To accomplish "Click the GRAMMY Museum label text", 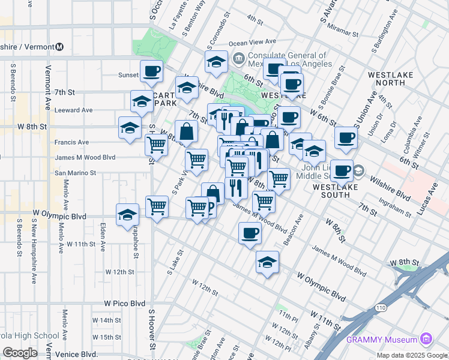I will [382, 340].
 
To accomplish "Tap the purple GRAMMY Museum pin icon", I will [426, 339].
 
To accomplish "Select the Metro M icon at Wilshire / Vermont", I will [59, 47].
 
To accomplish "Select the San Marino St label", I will [76, 173].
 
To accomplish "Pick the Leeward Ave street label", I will [73, 110].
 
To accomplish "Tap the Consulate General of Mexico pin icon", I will [239, 58].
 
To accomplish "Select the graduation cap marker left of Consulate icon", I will [216, 61].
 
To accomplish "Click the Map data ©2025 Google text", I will [412, 355].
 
